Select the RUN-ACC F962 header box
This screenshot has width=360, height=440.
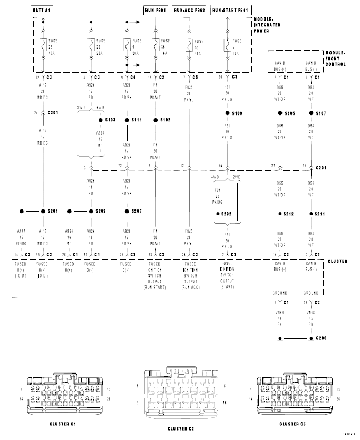pyautogui.click(x=189, y=10)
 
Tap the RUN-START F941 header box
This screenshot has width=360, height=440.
pyautogui.click(x=230, y=10)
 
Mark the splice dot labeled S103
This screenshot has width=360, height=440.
pyautogui.click(x=100, y=120)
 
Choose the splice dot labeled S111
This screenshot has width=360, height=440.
pyautogui.click(x=127, y=120)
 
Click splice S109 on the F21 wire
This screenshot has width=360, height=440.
pyautogui.click(x=227, y=113)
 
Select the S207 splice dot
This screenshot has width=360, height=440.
pyautogui.click(x=127, y=211)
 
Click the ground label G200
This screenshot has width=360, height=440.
pyautogui.click(x=322, y=337)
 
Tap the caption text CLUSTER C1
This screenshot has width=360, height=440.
pyautogui.click(x=63, y=424)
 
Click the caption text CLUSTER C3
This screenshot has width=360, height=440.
pyautogui.click(x=293, y=424)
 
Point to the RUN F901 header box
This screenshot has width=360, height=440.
pyautogui.click(x=155, y=10)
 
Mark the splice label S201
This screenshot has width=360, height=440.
pyautogui.click(x=52, y=211)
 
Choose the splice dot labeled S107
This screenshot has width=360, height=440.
pyautogui.click(x=310, y=113)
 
